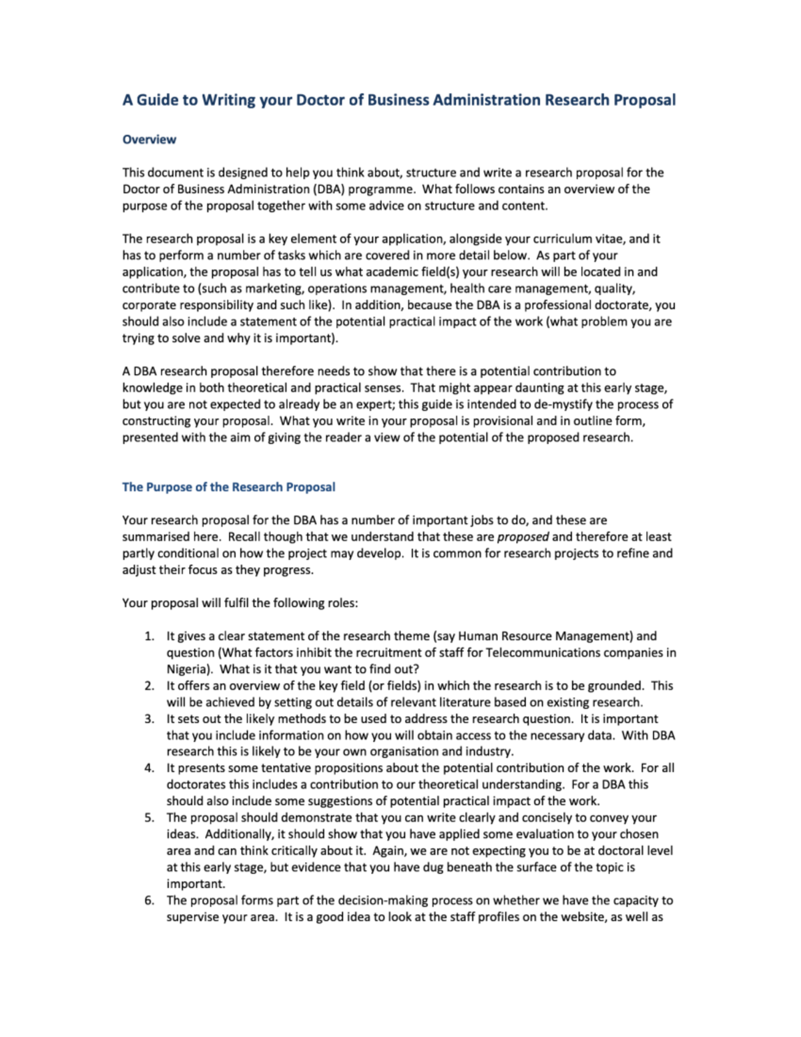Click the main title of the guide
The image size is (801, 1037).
click(398, 100)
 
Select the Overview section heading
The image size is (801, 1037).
click(149, 140)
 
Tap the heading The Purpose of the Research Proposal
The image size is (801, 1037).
click(228, 487)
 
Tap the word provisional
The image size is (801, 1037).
click(501, 421)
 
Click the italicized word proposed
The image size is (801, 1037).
click(523, 537)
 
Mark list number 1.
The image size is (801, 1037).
click(150, 636)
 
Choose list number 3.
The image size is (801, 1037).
click(150, 719)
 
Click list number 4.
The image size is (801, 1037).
click(150, 769)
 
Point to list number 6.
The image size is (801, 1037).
click(150, 901)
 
